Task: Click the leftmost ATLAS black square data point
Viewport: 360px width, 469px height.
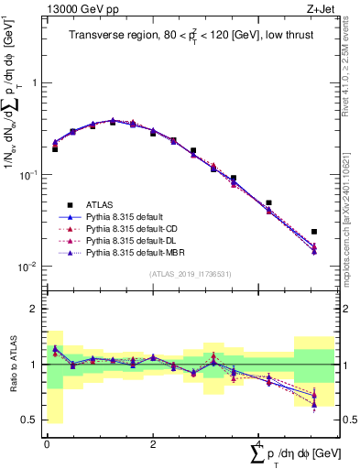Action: point(55,148)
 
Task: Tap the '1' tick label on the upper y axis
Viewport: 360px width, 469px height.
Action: point(34,82)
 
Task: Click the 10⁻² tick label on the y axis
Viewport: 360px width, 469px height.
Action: point(29,267)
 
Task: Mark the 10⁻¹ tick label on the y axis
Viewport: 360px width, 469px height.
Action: point(29,175)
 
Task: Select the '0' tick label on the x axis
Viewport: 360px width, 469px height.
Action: point(47,442)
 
